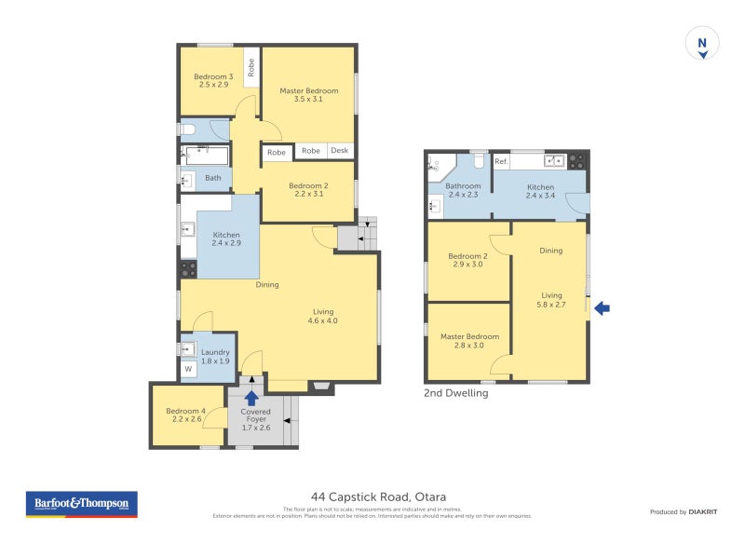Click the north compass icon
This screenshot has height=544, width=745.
(703, 44)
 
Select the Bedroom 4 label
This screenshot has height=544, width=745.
(186, 411)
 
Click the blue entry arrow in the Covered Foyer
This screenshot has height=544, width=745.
(251, 399)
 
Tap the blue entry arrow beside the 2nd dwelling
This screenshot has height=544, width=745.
(602, 307)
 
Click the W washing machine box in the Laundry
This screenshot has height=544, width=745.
(188, 370)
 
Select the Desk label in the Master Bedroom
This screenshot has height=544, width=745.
(338, 151)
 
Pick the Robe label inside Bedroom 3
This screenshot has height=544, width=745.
(251, 67)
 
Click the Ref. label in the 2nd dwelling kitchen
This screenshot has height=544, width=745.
(501, 162)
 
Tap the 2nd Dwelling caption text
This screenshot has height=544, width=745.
(456, 393)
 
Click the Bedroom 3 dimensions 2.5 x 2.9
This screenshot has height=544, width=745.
(210, 85)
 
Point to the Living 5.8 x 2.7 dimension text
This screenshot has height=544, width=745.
(551, 304)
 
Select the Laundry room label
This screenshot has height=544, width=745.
(215, 352)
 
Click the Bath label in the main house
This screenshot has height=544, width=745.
(213, 178)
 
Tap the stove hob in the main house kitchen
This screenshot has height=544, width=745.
(187, 268)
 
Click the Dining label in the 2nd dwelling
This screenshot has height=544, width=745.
(551, 250)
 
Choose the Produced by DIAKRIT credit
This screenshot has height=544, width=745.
(683, 511)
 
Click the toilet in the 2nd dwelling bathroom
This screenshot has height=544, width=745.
(478, 163)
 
